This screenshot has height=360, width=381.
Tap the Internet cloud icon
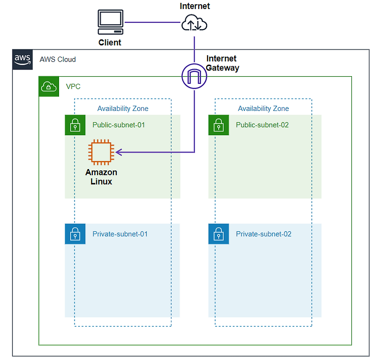point(194,23)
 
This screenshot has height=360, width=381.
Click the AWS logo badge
point(22,60)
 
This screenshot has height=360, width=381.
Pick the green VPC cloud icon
point(49,87)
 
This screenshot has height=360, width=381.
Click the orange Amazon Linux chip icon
point(100,152)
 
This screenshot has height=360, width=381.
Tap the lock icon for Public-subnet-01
point(75,125)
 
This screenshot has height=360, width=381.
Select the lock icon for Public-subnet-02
point(219,125)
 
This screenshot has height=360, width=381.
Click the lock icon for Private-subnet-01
point(75,234)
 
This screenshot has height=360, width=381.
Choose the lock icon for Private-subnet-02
point(219,234)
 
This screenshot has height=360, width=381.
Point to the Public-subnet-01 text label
point(119,125)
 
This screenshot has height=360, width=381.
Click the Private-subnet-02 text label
point(263,234)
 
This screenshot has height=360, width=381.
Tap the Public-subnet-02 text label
point(262,125)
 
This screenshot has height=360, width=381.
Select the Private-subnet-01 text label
point(120,234)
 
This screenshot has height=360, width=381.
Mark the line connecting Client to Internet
point(152,22)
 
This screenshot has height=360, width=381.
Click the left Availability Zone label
point(123,109)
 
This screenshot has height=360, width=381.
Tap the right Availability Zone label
point(263,109)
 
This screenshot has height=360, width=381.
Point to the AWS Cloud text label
point(58,60)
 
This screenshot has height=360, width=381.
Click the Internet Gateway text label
point(222,63)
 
